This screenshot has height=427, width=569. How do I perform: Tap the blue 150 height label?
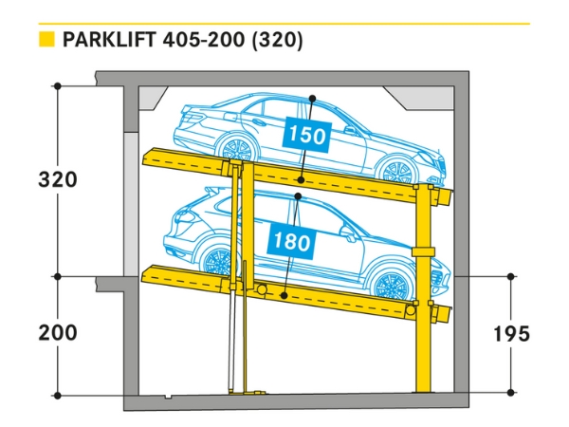click(306, 135)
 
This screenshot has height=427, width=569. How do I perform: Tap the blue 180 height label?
click(294, 241)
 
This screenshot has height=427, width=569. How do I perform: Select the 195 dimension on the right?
click(511, 333)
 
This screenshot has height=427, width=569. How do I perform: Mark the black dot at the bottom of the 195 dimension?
click(511, 391)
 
